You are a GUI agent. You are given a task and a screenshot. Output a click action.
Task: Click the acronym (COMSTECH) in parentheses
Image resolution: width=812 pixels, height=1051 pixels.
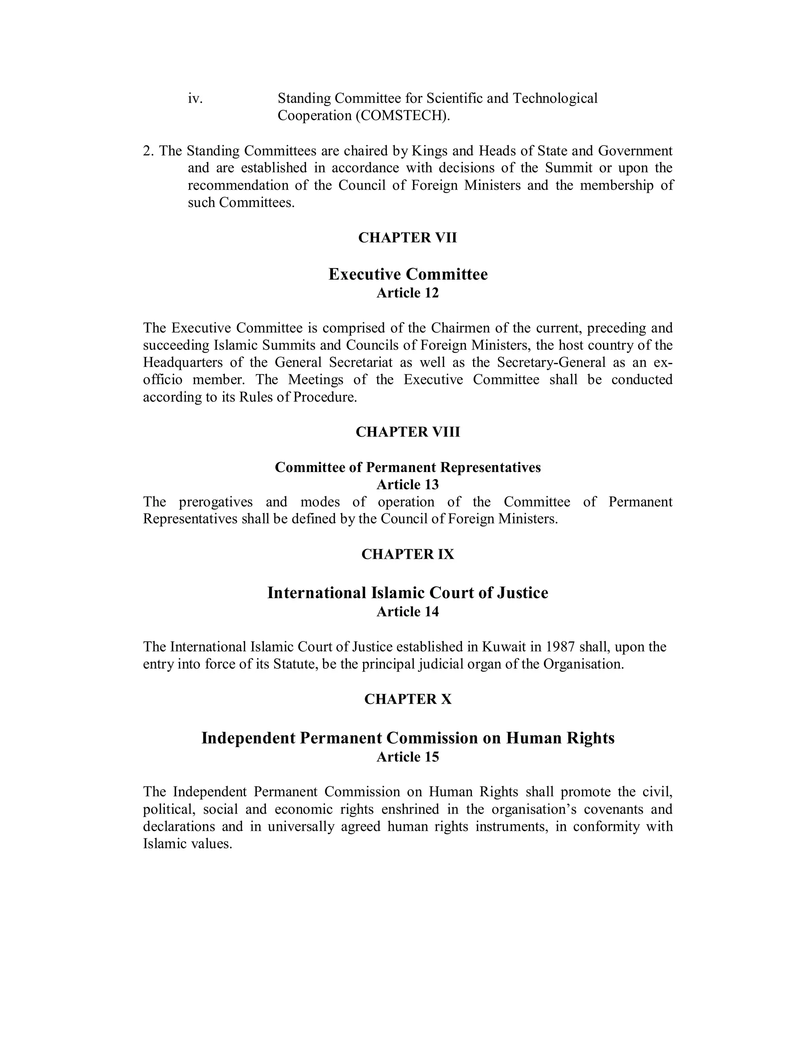pyautogui.click(x=403, y=116)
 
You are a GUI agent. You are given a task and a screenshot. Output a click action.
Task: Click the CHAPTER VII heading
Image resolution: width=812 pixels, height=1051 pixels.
pyautogui.click(x=408, y=238)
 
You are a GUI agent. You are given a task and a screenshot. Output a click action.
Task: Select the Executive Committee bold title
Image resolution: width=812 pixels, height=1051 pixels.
pyautogui.click(x=408, y=274)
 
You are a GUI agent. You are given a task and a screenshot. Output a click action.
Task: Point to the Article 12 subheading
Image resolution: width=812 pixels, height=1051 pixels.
pyautogui.click(x=408, y=293)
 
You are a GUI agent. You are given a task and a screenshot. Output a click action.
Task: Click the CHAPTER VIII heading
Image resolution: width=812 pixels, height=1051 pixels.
pyautogui.click(x=408, y=432)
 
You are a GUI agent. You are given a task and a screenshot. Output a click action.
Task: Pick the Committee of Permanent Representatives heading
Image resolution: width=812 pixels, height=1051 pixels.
pyautogui.click(x=408, y=467)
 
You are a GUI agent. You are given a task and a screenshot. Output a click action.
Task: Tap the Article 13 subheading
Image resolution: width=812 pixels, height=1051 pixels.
pyautogui.click(x=408, y=485)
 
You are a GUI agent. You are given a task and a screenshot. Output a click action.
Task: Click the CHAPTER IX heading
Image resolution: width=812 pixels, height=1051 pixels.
pyautogui.click(x=408, y=554)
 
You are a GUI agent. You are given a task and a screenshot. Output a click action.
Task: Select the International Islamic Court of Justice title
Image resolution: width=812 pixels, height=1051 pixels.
pyautogui.click(x=408, y=593)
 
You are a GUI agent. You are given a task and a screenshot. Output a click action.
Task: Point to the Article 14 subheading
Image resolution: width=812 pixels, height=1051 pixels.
pyautogui.click(x=408, y=612)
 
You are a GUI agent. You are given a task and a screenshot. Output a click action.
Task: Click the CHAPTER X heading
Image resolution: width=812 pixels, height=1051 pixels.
pyautogui.click(x=408, y=699)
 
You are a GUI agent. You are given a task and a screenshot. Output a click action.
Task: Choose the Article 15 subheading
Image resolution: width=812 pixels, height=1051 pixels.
pyautogui.click(x=408, y=757)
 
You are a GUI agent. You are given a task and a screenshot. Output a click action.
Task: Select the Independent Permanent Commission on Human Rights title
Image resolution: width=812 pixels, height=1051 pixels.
pyautogui.click(x=408, y=738)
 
